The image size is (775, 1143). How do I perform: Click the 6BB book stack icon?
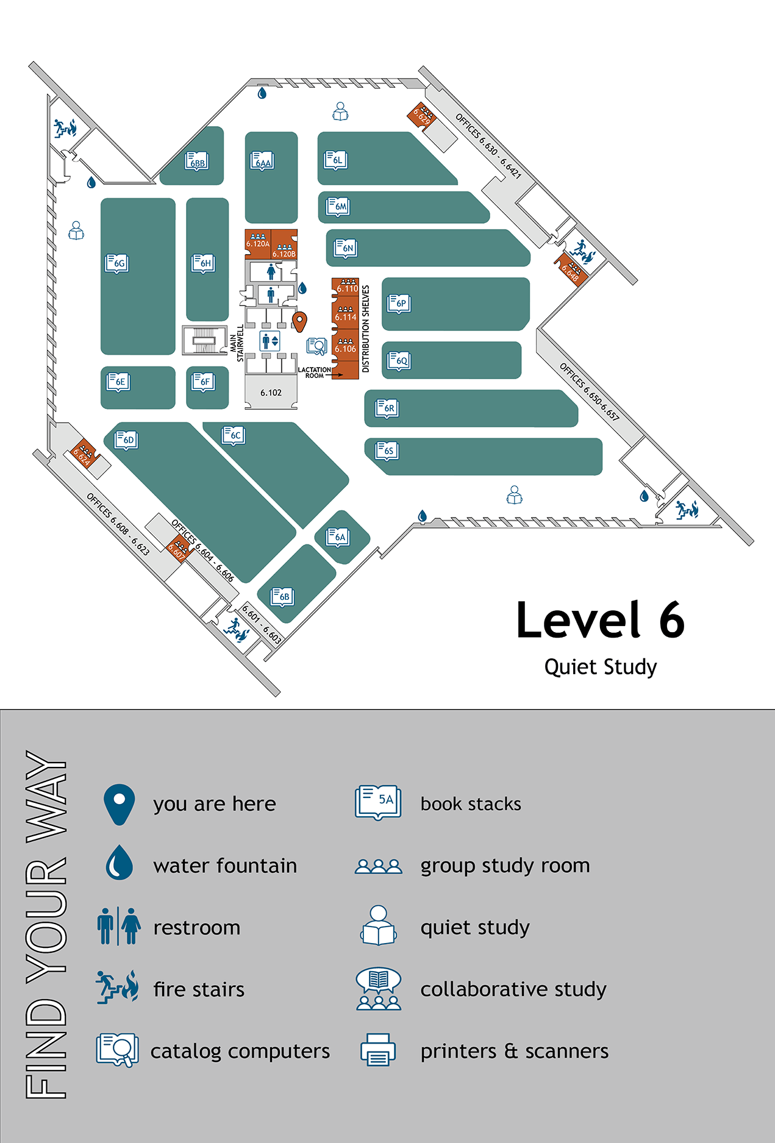196,162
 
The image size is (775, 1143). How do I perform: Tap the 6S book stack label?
387,450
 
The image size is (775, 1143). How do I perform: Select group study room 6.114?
345,314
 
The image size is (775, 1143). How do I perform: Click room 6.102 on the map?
271,393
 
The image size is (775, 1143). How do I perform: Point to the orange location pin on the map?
299,321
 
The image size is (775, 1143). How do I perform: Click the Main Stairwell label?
237,343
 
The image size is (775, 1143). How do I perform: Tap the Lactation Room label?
315,372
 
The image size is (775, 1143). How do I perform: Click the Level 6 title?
600,620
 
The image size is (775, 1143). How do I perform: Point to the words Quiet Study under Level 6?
600,667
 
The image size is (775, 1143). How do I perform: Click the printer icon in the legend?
378,1050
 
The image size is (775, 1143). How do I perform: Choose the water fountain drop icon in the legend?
120,863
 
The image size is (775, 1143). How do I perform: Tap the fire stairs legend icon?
118,988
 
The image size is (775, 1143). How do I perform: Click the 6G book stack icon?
117,263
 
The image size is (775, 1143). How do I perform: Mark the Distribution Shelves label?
366,329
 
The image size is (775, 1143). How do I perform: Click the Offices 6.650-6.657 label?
589,391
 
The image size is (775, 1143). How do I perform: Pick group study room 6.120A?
258,241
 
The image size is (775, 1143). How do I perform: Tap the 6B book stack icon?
283,596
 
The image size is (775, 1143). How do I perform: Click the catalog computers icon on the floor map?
316,346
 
